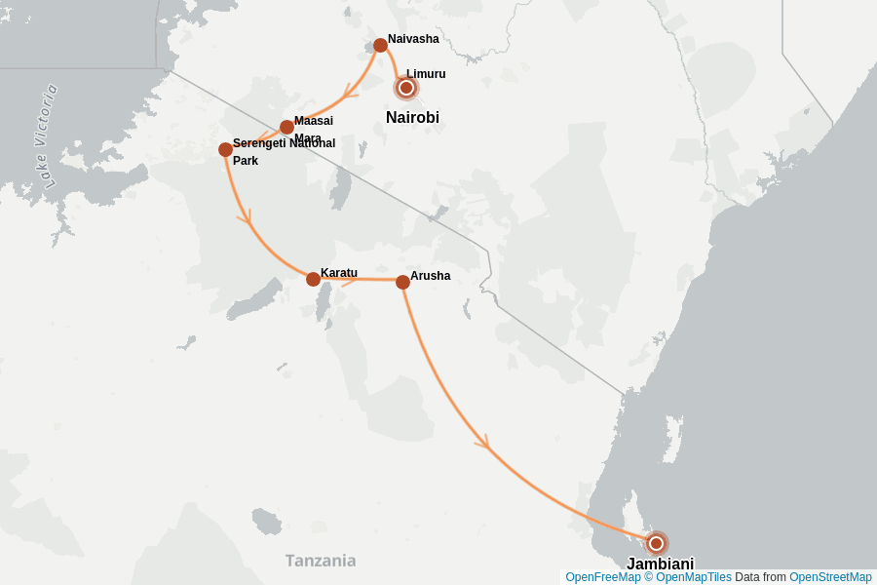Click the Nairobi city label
(x=412, y=118)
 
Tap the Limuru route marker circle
(x=406, y=88)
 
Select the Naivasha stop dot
(x=380, y=45)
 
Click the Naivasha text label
(x=413, y=39)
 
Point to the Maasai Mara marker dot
(x=286, y=127)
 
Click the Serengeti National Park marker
(x=225, y=149)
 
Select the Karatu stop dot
(x=313, y=279)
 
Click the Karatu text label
(x=339, y=272)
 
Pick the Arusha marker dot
(x=402, y=282)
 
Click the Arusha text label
(x=430, y=276)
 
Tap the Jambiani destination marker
(x=656, y=543)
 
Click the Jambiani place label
(x=660, y=564)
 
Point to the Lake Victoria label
(x=39, y=136)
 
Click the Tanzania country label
(x=320, y=561)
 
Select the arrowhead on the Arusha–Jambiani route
(x=481, y=444)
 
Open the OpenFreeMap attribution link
(x=602, y=577)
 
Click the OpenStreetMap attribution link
(x=830, y=577)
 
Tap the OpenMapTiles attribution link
(x=688, y=577)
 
